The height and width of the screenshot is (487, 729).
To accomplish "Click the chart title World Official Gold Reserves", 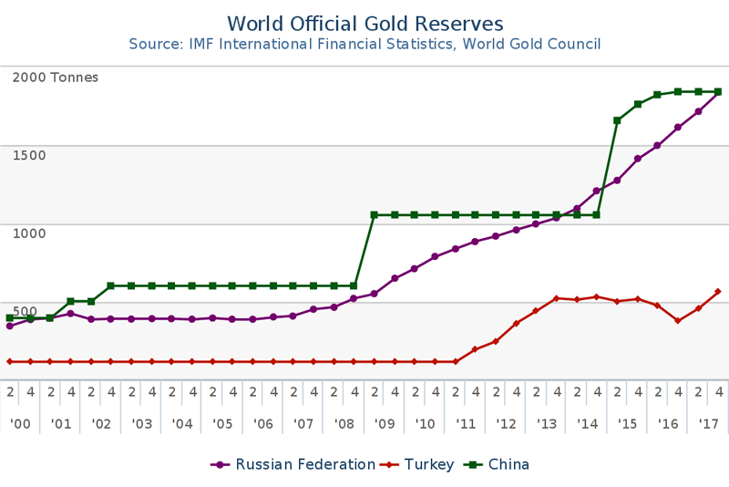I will coord(364,23).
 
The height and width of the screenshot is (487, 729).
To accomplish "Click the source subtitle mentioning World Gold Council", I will coord(364,44).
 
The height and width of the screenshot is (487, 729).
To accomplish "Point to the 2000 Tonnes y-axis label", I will coord(56,78).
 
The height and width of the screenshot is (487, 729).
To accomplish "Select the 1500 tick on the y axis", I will coord(29,155).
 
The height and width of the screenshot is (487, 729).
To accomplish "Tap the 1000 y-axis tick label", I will coord(29,233).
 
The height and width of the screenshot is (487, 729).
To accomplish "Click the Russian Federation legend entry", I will coord(293,464).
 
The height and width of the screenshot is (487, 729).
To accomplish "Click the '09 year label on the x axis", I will coord(385,424).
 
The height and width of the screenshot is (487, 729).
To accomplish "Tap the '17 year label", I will coord(709,424).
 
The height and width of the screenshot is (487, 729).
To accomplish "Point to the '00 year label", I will coord(20,424).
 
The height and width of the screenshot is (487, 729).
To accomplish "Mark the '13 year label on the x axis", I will coord(547,424).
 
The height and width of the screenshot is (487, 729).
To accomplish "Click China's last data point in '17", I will coord(718,91).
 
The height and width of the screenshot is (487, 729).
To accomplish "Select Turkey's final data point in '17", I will coord(718,292).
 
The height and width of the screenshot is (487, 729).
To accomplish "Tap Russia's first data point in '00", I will coord(10,326).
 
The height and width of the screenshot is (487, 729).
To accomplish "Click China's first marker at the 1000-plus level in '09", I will coord(374,215).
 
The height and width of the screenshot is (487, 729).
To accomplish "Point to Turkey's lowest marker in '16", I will coord(678,321).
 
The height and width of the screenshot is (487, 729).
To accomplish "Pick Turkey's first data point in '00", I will coord(10,362).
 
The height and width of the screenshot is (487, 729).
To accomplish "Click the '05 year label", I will coord(222,424).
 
